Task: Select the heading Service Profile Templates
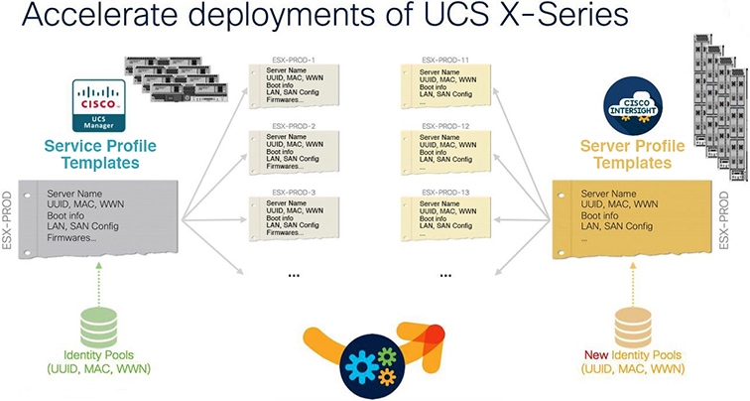pos(99,155)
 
